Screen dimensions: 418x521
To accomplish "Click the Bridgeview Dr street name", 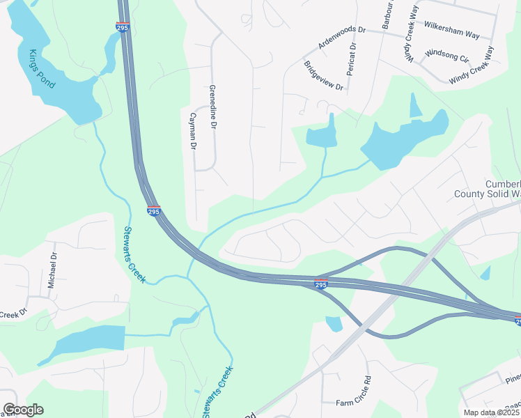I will [324, 76].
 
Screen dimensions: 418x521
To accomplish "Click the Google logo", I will [23, 410].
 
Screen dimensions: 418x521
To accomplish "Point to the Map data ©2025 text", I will [491, 412].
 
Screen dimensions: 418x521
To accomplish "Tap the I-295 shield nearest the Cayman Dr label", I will [154, 210].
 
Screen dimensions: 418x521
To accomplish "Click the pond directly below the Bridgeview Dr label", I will [321, 134].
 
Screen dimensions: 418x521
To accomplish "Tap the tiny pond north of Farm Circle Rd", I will [334, 323].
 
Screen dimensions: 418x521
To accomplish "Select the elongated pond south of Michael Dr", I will [84, 343].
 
